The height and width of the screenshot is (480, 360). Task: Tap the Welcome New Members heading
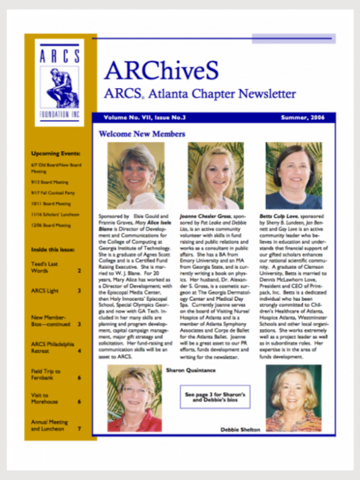142,134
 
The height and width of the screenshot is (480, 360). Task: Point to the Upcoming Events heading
55,154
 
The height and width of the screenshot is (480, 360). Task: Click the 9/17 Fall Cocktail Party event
52,193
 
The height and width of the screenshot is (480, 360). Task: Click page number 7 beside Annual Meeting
79,428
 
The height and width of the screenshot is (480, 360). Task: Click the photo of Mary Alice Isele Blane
136,175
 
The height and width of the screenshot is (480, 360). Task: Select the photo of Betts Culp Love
293,175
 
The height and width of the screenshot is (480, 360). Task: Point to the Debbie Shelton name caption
241,430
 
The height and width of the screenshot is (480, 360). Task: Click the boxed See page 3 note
214,397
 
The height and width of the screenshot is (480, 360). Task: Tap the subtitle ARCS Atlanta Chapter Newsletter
199,94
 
